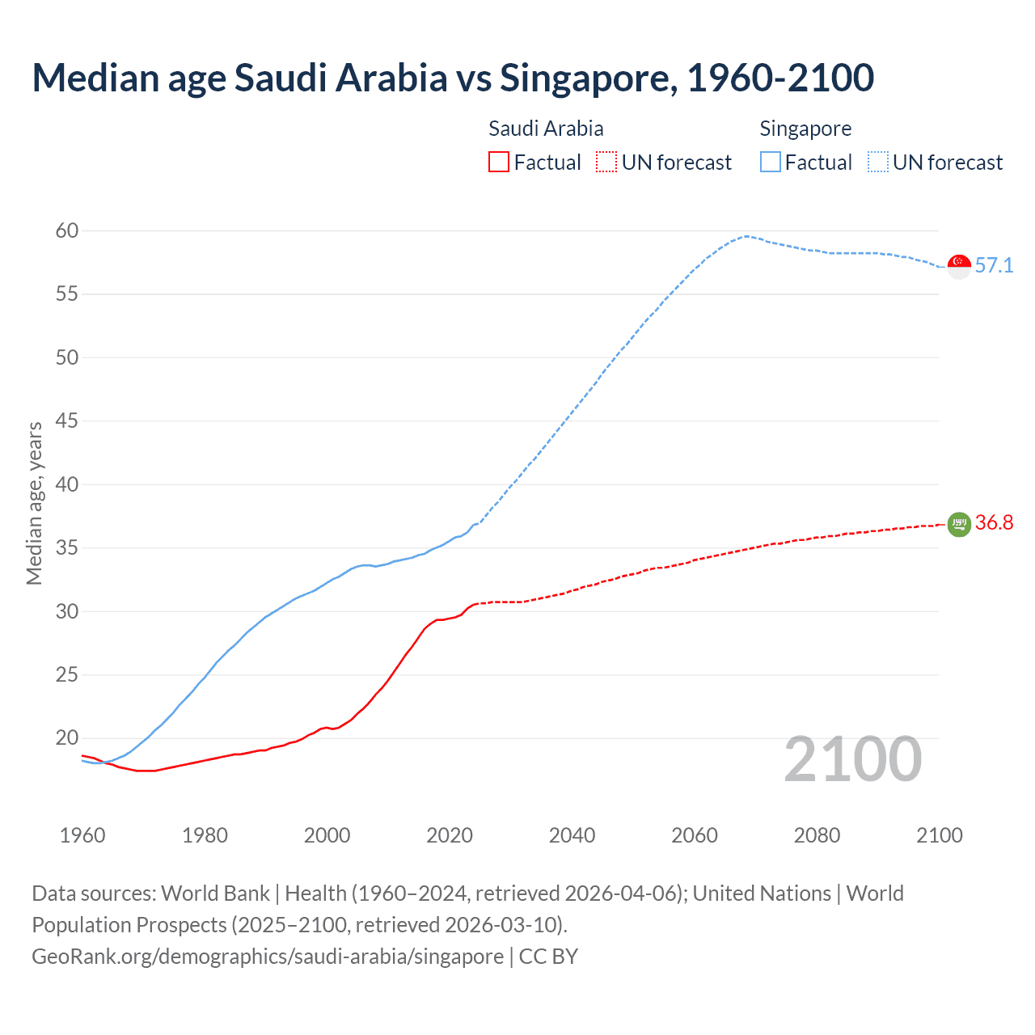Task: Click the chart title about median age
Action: [x=453, y=78]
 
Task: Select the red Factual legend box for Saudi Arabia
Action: [x=499, y=162]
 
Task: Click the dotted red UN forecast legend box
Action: [x=606, y=162]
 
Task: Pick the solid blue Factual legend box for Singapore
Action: [x=770, y=162]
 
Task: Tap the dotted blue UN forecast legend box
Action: [x=877, y=162]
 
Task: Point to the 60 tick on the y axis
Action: [x=67, y=231]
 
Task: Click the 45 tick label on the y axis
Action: [x=67, y=421]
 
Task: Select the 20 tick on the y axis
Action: [x=67, y=738]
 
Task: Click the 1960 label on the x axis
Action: [x=82, y=835]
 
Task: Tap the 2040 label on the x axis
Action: [x=572, y=835]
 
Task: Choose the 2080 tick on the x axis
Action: [x=817, y=835]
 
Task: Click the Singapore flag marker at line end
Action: [x=959, y=266]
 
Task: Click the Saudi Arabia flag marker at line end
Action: [x=959, y=524]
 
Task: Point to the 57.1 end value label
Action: [x=994, y=266]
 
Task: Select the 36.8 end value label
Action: [x=994, y=523]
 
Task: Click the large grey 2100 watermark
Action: [x=852, y=759]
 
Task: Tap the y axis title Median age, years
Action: [x=34, y=503]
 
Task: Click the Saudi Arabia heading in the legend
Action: [x=546, y=129]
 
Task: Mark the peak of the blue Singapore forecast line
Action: [x=746, y=236]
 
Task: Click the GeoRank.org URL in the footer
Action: [x=268, y=957]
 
